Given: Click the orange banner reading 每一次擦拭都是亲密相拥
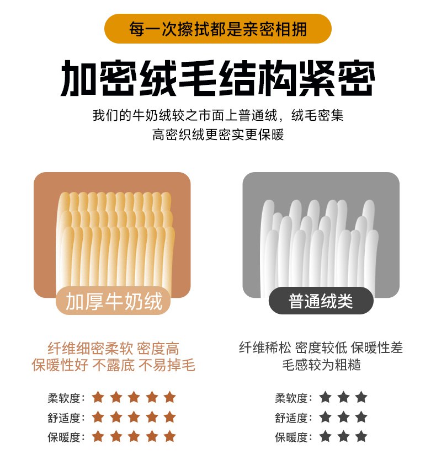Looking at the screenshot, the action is pos(218,29).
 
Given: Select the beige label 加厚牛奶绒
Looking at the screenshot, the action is pos(114,301).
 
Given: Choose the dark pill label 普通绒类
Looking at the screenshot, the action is pos(321,301).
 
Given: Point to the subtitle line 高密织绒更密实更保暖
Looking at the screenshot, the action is pos(218,135).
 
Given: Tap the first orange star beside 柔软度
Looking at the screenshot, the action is pos(98,398).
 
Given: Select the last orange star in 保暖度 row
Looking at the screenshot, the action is pos(169,436).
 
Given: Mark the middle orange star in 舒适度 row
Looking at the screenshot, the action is pos(134,417).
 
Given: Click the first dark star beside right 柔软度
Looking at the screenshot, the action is pos(325,398).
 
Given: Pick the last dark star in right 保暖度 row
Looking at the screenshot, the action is pos(361,436).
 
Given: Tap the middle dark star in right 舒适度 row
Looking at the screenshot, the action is pos(343,417).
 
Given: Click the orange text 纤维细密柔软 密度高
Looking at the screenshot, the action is pos(113,349).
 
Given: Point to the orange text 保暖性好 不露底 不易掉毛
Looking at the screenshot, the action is pos(113,365).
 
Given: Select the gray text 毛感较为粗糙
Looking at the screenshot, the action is pos(321,365).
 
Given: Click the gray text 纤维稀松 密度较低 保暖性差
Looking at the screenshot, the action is pos(321,348).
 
